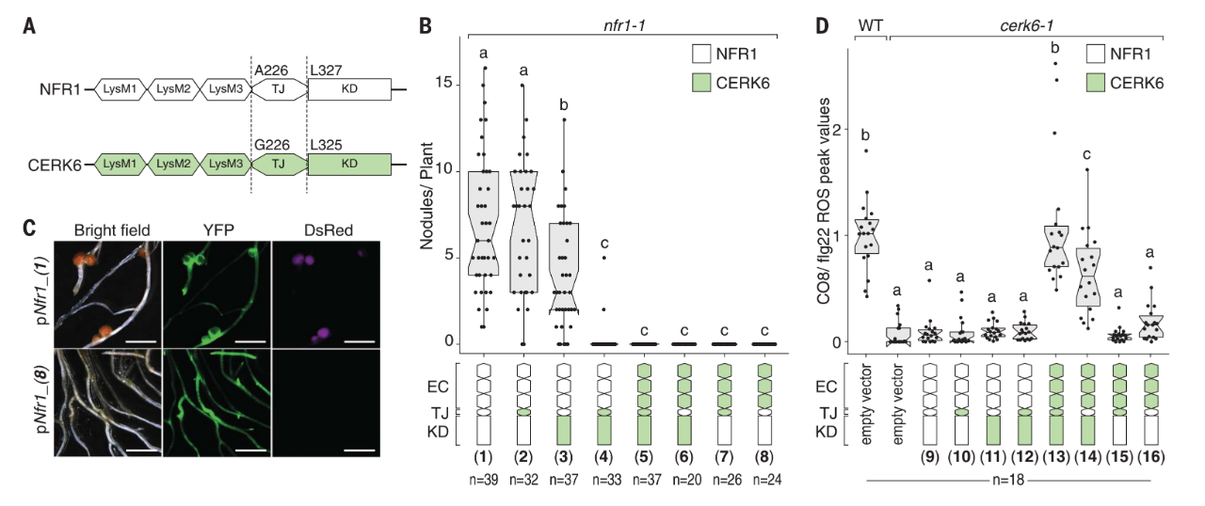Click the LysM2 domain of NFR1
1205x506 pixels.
pyautogui.click(x=172, y=90)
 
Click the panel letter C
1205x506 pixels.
pyautogui.click(x=29, y=227)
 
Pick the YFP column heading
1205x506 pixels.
pyautogui.click(x=216, y=229)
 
